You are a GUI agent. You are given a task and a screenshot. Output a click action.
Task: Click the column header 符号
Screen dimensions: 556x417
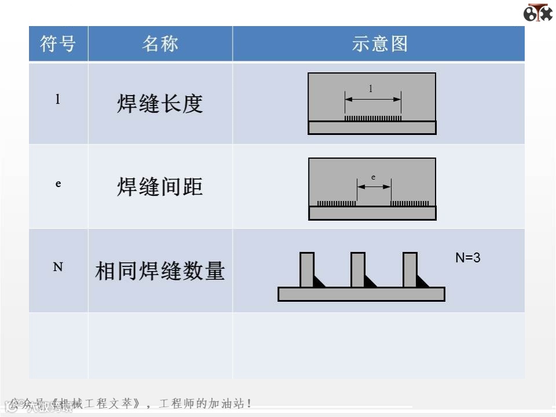click(x=58, y=44)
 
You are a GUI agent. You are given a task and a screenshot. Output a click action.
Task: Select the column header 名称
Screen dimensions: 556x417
click(x=160, y=44)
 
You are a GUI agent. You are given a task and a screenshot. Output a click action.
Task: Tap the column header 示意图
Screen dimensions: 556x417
click(x=379, y=44)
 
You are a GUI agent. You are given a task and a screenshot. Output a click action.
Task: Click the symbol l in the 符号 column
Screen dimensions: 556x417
click(x=58, y=100)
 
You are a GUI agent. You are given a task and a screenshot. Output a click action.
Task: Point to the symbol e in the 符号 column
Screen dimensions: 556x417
click(x=58, y=184)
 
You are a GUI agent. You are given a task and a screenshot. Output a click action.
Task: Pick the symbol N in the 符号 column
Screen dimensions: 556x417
click(x=58, y=268)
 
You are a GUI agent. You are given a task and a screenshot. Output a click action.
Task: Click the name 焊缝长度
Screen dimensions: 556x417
click(x=160, y=104)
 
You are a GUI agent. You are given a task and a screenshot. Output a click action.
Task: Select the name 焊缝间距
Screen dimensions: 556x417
click(x=160, y=187)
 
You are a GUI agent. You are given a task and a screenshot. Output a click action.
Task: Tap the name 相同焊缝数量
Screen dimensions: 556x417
click(x=160, y=271)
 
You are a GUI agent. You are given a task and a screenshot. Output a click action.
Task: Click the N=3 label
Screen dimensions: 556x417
click(x=468, y=258)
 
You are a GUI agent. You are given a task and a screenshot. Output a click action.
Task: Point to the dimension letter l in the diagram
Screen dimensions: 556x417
click(x=371, y=89)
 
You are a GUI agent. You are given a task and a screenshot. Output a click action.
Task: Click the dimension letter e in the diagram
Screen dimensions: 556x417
click(x=373, y=177)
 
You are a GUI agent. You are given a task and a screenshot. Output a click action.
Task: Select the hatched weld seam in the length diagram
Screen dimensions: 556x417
click(x=372, y=118)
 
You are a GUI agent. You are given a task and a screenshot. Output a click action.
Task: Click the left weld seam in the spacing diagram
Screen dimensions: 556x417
click(x=336, y=203)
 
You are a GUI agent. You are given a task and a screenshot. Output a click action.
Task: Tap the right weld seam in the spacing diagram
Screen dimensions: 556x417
click(x=409, y=203)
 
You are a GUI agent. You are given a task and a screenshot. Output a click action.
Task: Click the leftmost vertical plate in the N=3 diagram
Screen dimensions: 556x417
click(x=307, y=269)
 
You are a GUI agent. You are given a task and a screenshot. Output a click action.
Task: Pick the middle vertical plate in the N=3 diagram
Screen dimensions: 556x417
click(x=358, y=269)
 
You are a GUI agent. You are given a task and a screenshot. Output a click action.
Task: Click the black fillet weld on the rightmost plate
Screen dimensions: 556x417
click(x=422, y=282)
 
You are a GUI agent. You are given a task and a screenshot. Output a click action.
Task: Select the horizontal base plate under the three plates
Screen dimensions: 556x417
click(x=361, y=294)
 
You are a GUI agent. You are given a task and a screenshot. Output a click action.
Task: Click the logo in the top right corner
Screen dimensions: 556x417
click(x=537, y=13)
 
